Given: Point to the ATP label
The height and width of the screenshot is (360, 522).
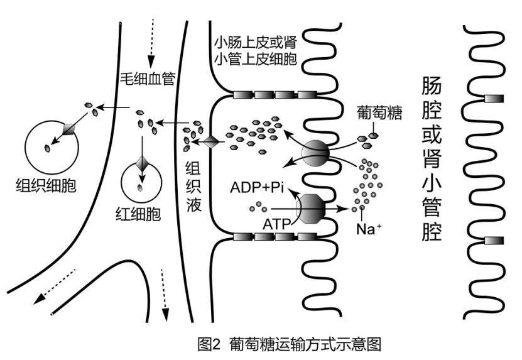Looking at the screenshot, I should [276, 224].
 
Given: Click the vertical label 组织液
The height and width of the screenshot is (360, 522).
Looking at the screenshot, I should [193, 187].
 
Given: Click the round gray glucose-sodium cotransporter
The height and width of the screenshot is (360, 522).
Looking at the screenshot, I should [315, 153].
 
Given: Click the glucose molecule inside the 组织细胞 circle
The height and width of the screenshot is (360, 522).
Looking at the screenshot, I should [47, 148].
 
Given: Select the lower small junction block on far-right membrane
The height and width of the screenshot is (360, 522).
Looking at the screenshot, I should [494, 239].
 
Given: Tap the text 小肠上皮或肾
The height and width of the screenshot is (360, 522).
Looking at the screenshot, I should [255, 45].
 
